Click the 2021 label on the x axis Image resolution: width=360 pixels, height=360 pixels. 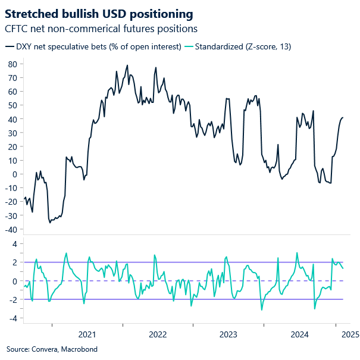[87, 334]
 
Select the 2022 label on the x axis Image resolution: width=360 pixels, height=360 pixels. [157, 334]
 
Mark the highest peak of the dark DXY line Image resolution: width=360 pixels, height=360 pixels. [127, 65]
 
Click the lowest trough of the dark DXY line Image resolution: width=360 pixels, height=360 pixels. [50, 223]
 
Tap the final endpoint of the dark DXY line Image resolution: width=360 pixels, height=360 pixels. [343, 118]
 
